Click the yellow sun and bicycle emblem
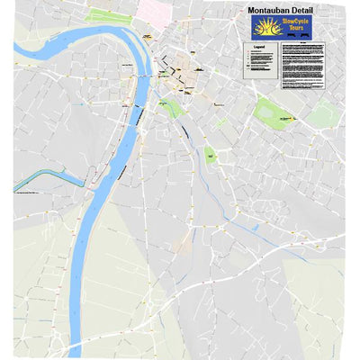click(267, 27)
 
